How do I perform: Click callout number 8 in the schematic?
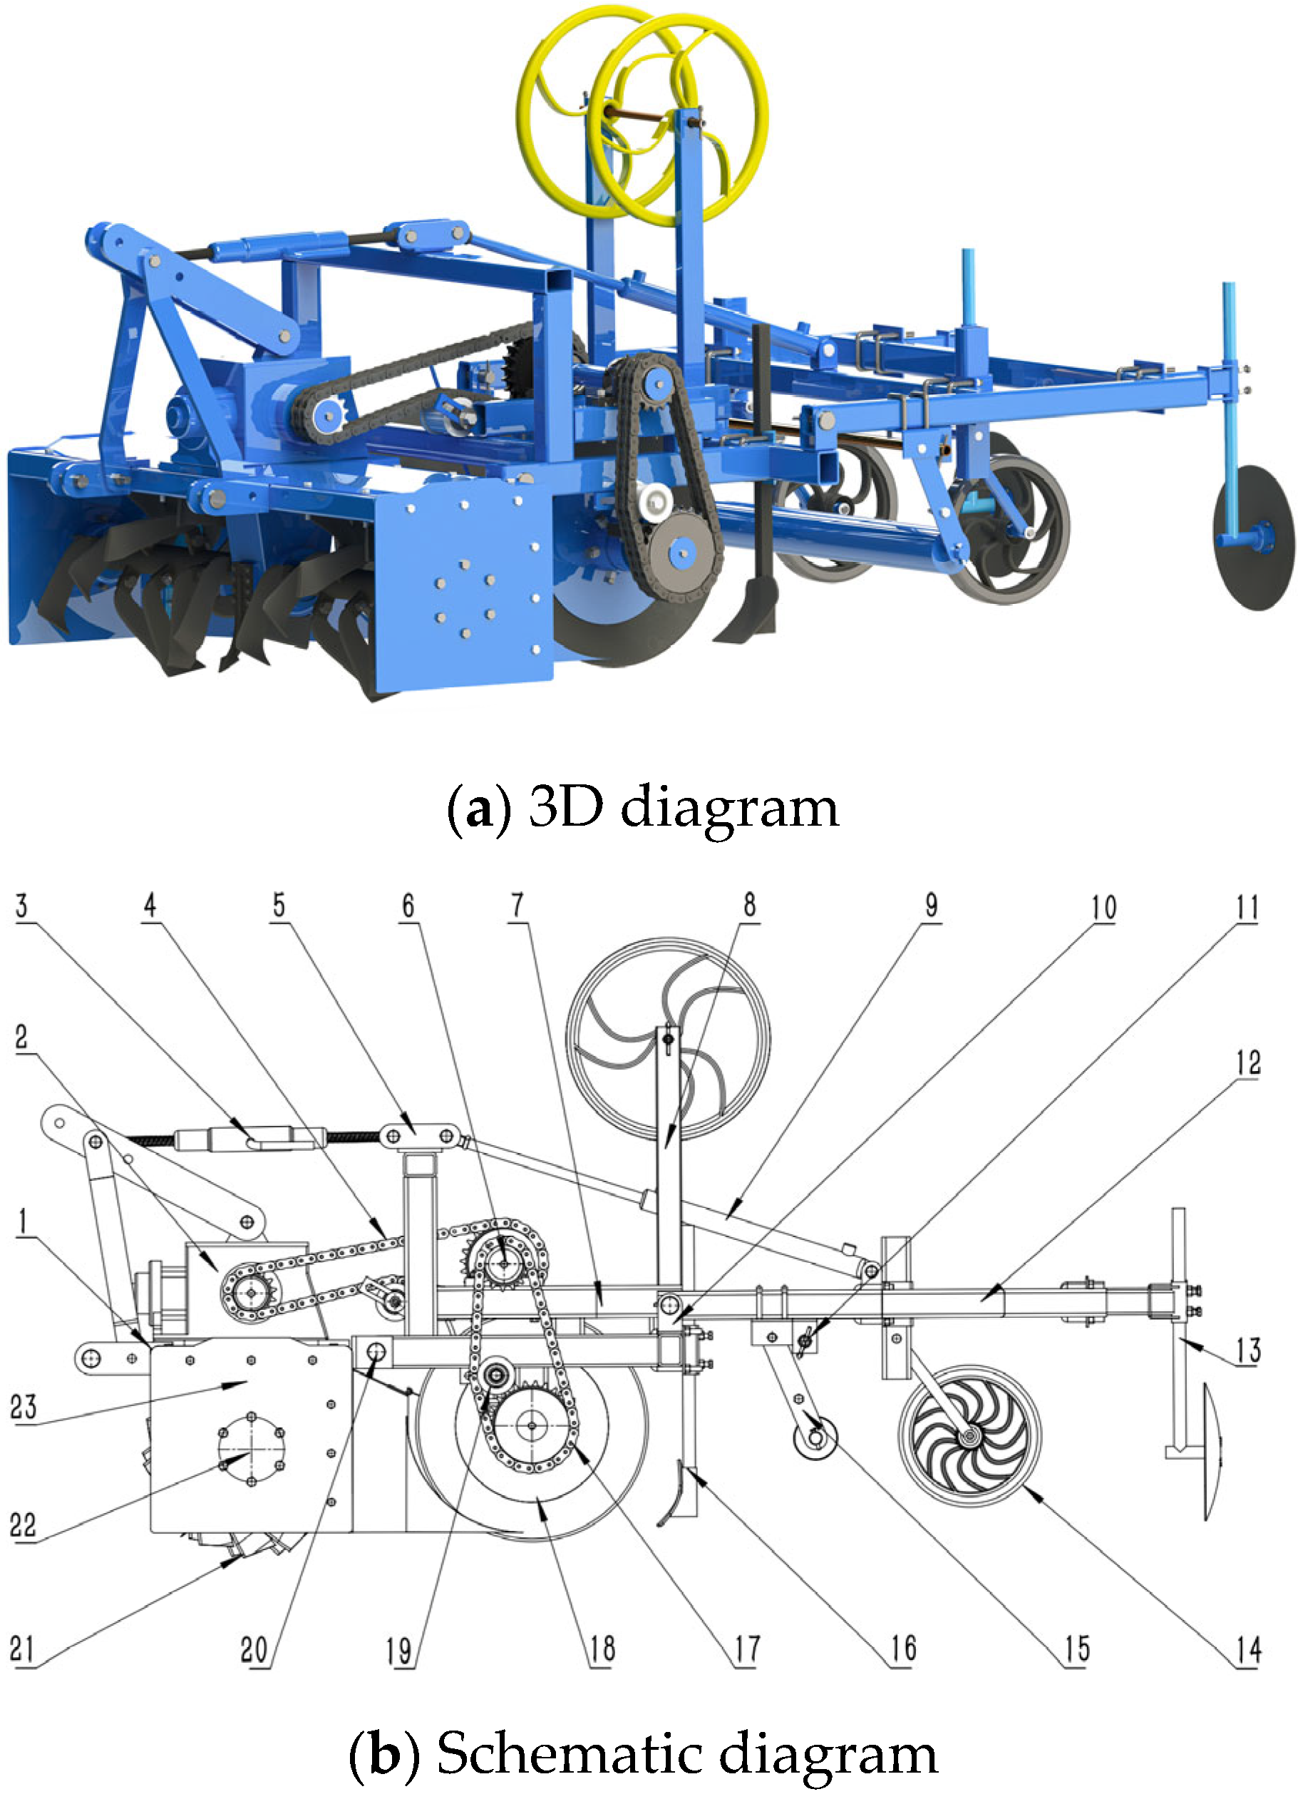point(748,905)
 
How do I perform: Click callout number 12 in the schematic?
point(1247,1062)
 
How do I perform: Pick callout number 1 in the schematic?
point(23,1221)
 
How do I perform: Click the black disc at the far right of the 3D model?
point(1254,538)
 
